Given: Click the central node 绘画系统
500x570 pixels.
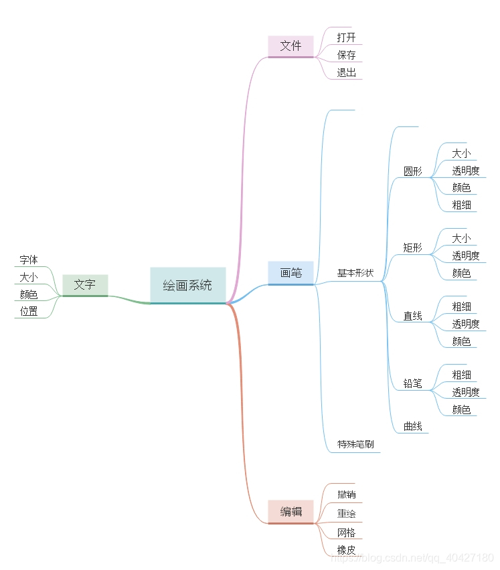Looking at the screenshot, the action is [187, 285].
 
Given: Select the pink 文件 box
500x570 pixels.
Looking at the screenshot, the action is [290, 45].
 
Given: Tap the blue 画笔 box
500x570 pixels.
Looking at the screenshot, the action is [290, 272].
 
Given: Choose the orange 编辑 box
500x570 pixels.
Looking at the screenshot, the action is [290, 512].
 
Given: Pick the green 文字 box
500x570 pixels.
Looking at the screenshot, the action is [84, 284].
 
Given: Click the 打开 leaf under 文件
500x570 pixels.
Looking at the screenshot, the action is [347, 37].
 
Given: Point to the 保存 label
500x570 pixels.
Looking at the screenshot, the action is [347, 55].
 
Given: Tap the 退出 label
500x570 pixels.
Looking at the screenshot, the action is [347, 72].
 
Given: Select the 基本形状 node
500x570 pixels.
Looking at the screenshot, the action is [355, 273].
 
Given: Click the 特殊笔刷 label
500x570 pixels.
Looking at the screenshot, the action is [355, 444].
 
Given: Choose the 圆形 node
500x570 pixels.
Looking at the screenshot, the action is [413, 171].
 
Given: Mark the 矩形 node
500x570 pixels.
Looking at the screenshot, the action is [413, 248].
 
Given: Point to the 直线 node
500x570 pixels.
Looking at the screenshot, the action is [413, 316].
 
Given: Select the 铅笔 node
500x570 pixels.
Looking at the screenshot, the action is [413, 384].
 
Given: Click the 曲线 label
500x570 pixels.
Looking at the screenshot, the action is [413, 426].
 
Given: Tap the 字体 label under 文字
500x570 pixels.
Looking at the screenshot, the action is [29, 260].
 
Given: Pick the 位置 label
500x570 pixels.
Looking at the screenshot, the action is [29, 311].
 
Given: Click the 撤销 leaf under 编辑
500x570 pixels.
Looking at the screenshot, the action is [347, 494].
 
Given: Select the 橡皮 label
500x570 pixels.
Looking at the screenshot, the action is [347, 550].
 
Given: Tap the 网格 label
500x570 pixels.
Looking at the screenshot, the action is [347, 533].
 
